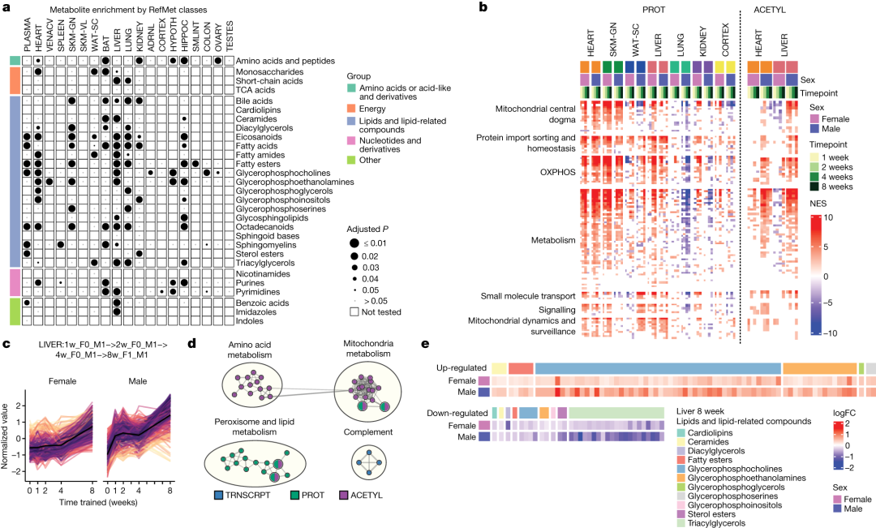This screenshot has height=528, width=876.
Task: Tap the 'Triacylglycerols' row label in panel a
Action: (265, 263)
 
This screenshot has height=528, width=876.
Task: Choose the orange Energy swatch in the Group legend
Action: (349, 110)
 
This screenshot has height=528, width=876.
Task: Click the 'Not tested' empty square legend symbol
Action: (355, 311)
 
